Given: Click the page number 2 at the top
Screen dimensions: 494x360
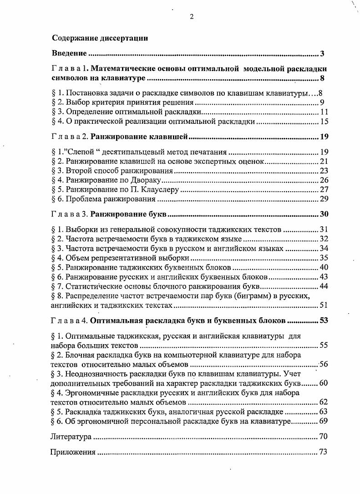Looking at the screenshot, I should [192, 17].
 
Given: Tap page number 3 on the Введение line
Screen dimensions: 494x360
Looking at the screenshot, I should [322, 54].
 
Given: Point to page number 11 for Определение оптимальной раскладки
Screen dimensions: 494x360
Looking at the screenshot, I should [324, 112].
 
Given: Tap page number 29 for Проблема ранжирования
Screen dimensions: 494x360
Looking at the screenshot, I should [324, 199].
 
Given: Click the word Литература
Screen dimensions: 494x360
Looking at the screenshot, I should [70, 437].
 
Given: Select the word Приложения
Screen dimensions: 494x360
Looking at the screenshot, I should [72, 453].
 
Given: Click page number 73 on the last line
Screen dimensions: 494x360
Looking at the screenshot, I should [324, 453].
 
